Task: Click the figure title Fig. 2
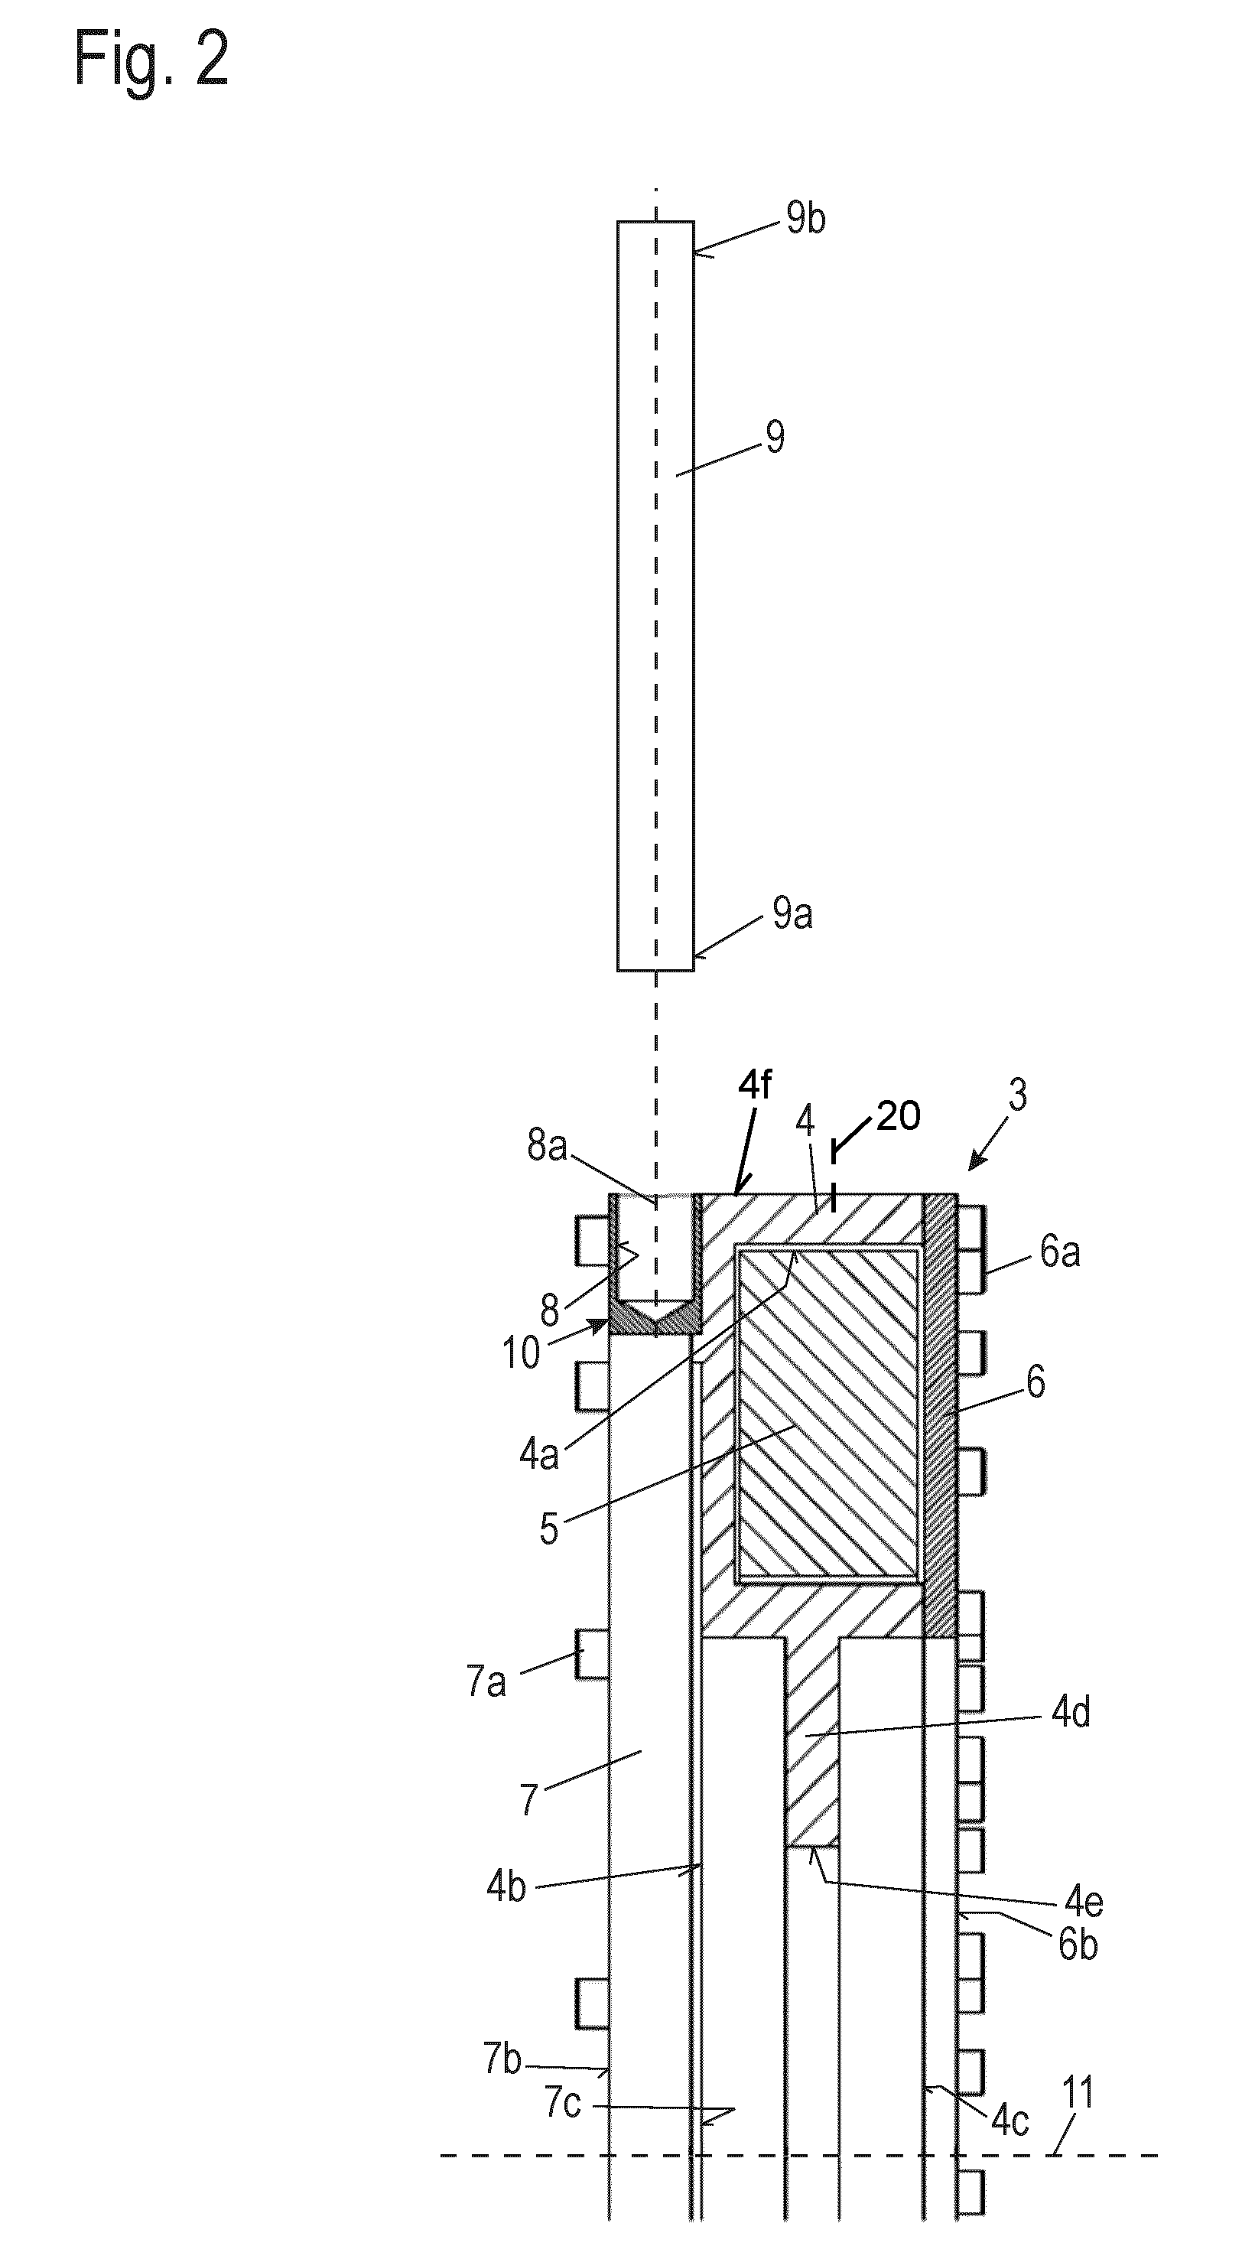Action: [x=151, y=58]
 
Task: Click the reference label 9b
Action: [x=805, y=218]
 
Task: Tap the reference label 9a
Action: [x=793, y=915]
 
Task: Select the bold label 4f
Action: [x=755, y=1086]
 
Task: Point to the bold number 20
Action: [x=898, y=1116]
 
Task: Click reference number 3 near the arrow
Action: [x=1017, y=1095]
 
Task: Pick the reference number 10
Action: [x=520, y=1353]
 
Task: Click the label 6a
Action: [x=1059, y=1252]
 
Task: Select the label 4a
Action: [x=538, y=1455]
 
